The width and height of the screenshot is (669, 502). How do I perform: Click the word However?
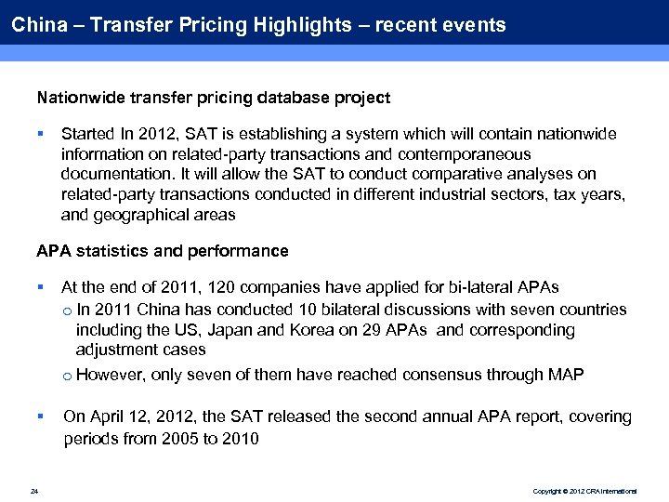tap(111, 375)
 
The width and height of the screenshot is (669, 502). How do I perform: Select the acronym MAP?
tap(568, 375)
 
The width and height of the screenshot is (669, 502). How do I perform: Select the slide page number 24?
tap(33, 491)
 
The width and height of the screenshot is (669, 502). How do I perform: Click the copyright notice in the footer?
tap(585, 491)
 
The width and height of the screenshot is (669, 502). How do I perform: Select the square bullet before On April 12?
tap(41, 417)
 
